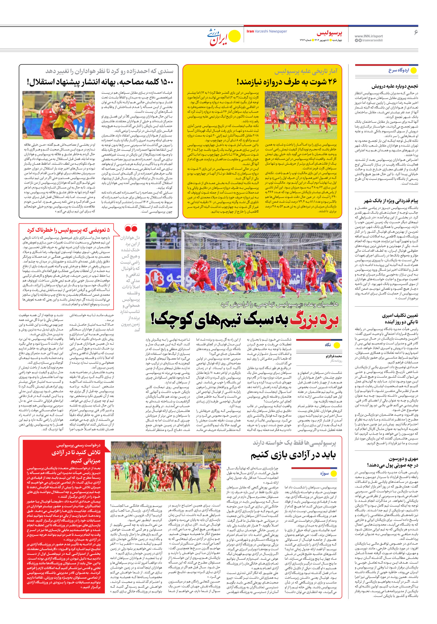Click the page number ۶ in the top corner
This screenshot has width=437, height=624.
pos(416,33)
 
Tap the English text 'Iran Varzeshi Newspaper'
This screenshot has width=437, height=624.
pos(267,31)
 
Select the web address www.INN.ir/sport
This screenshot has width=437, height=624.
pos(368,36)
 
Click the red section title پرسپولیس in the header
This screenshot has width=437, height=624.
pos(329,34)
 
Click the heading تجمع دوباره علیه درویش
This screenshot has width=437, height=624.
pos(395,86)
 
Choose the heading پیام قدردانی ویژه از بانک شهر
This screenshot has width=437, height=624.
pos(391,201)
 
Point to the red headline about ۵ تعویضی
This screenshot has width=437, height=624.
pos(69,230)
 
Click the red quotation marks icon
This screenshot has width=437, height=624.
pos(131,229)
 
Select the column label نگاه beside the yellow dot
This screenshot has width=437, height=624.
pos(328,345)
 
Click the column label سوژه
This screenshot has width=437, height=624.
pos(324,473)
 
